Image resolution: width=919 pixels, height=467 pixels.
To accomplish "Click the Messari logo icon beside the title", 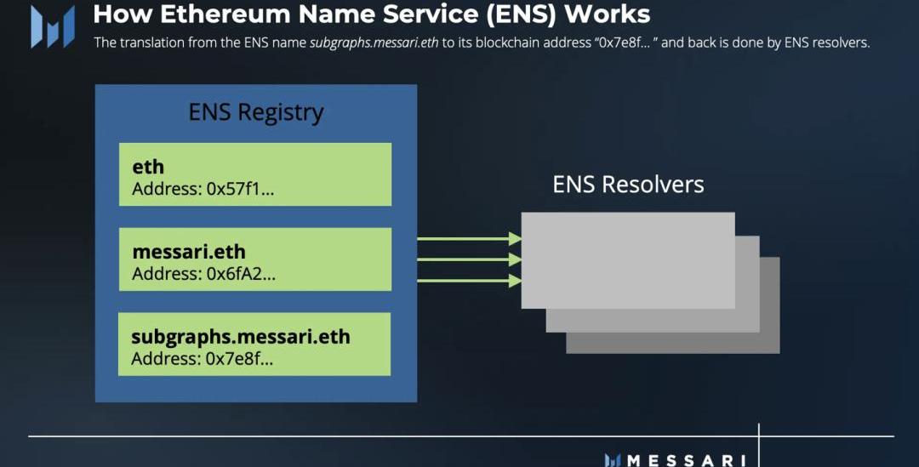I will click(52, 26).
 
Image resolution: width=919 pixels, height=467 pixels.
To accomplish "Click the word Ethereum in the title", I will click(200, 14).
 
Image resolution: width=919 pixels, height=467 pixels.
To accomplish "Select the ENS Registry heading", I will click(255, 113).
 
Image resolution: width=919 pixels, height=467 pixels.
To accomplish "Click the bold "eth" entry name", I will click(148, 168).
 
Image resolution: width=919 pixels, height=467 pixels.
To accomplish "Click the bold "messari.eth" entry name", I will click(189, 252).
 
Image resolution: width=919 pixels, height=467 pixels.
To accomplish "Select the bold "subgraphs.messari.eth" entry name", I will click(240, 336).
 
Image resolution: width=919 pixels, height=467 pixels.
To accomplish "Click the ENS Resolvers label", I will click(628, 185).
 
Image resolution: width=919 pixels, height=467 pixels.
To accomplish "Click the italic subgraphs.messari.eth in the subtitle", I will click(374, 43).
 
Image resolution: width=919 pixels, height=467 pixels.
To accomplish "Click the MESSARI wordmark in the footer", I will click(685, 460).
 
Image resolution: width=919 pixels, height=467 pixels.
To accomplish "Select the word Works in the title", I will click(609, 14).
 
